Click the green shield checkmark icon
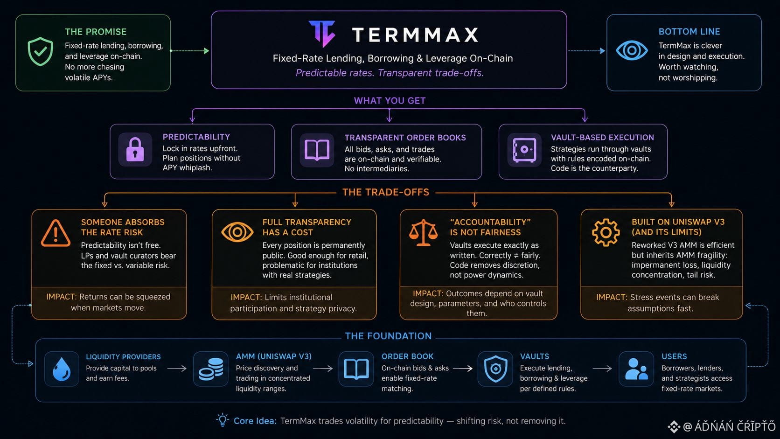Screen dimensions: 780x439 [41, 51]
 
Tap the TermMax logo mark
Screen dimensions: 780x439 [322, 34]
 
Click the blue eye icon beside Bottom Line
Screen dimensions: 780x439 [632, 50]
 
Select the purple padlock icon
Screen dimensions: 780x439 [135, 149]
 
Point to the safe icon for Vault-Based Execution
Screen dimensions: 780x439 [524, 150]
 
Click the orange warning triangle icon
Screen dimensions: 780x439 [56, 233]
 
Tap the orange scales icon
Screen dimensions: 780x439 [424, 232]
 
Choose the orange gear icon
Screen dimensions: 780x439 [606, 232]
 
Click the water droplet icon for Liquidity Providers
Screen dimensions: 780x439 [62, 369]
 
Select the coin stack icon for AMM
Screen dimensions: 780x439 [211, 369]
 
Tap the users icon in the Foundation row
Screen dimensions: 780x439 [636, 369]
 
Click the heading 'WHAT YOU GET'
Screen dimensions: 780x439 [390, 101]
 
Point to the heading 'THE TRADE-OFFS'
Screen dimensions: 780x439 [386, 192]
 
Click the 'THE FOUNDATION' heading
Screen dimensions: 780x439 [388, 336]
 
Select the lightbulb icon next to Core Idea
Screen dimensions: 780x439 [222, 420]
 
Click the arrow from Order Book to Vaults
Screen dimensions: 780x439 [462, 369]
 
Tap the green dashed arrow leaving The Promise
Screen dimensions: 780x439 [190, 51]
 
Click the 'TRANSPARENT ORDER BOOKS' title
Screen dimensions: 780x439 [405, 138]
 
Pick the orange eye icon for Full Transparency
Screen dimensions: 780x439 [237, 232]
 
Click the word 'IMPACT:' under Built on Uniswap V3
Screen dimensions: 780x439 [611, 297]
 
